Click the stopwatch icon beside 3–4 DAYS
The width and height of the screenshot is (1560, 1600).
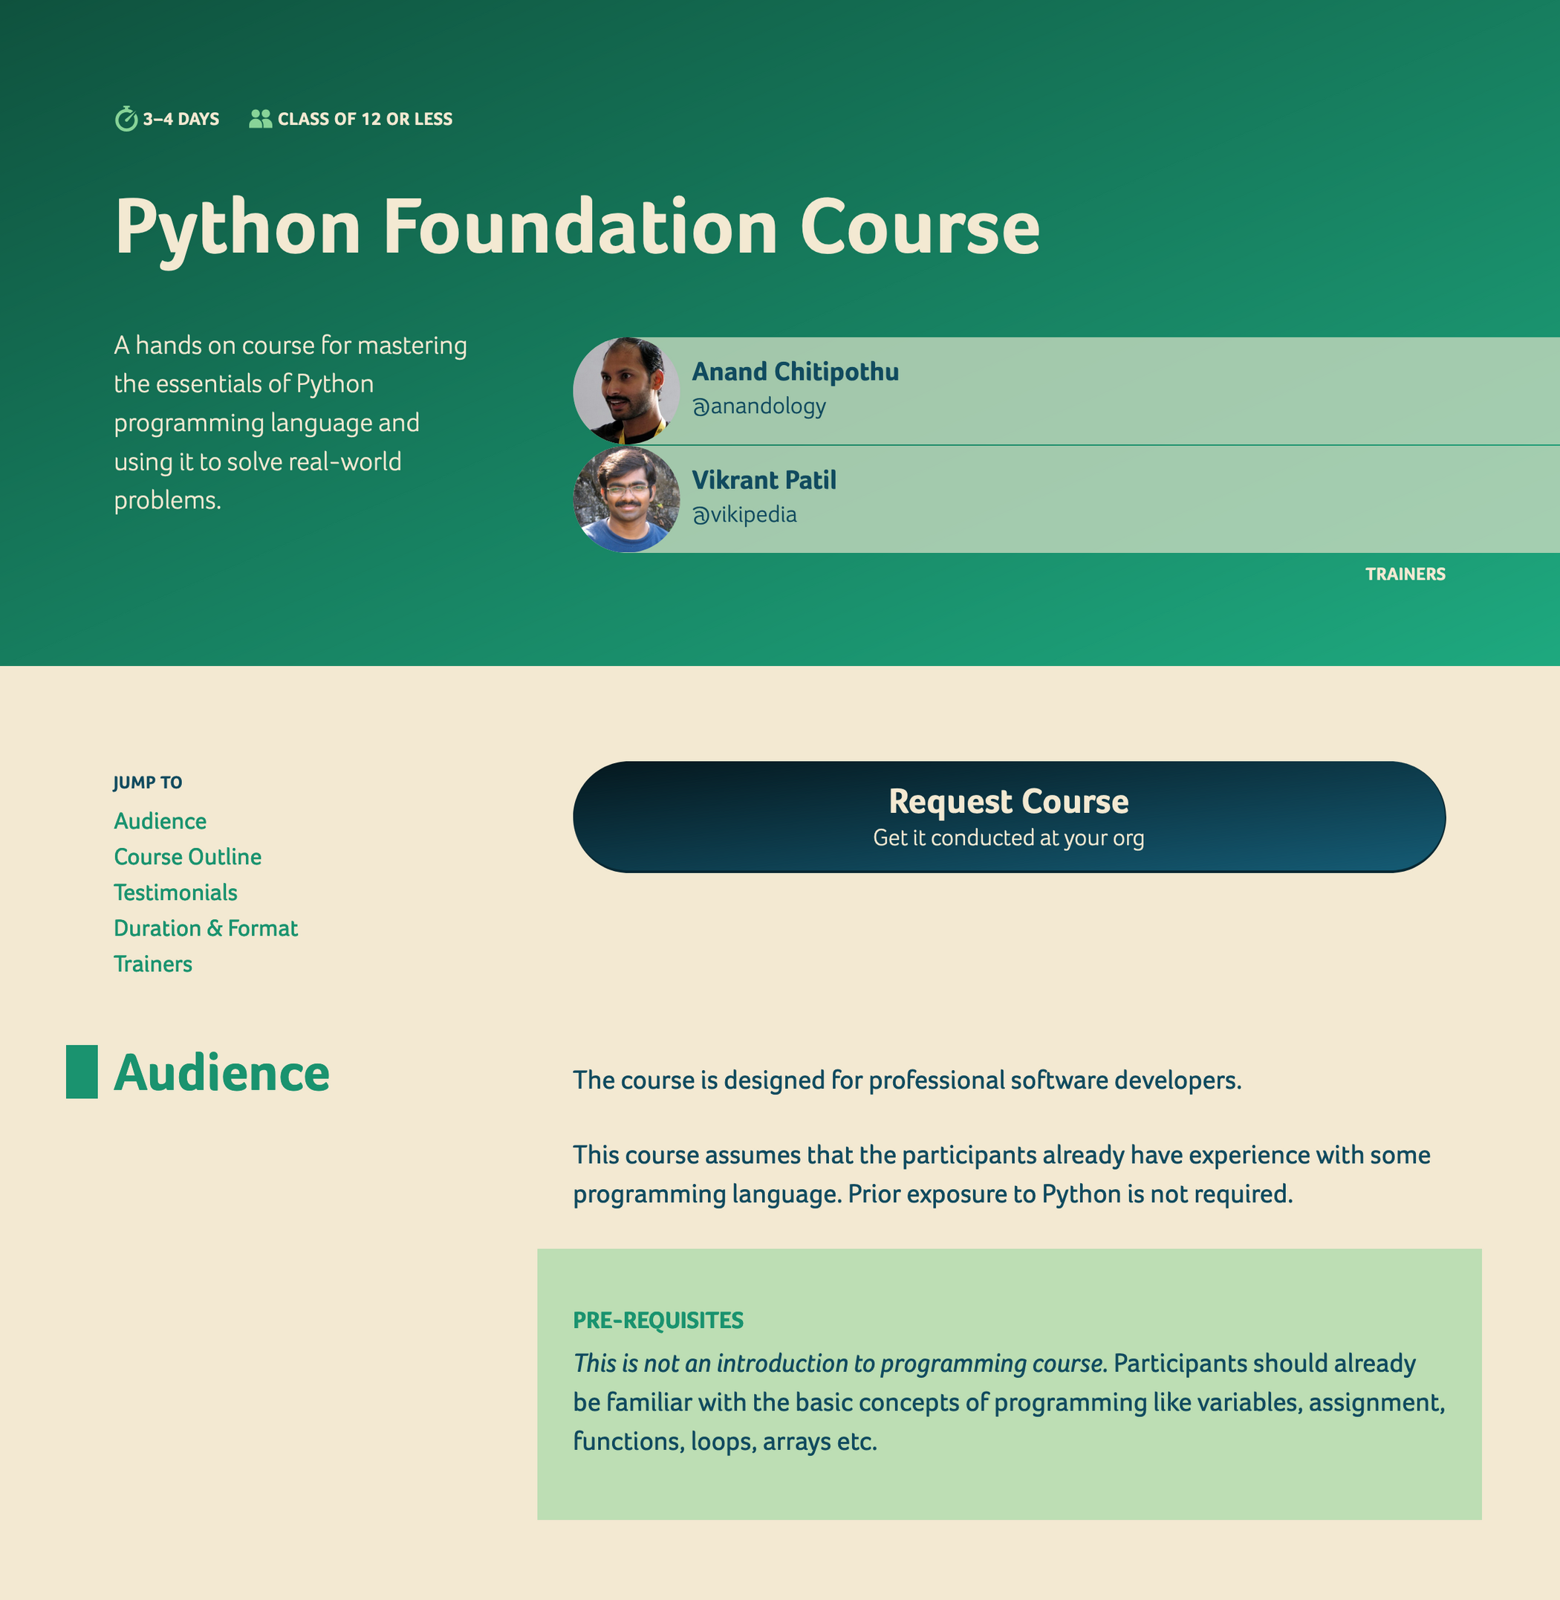pos(126,119)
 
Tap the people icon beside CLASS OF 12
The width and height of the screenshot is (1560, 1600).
pos(261,119)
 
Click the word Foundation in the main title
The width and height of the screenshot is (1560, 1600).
pos(580,227)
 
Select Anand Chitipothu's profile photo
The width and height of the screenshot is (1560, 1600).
pos(626,391)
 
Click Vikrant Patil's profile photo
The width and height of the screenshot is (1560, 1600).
pos(626,499)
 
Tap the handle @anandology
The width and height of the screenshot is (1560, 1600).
pos(758,407)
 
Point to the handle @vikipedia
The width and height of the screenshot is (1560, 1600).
pos(744,515)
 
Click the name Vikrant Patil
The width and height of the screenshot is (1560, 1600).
pos(764,480)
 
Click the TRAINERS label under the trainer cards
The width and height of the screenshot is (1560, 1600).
pos(1405,574)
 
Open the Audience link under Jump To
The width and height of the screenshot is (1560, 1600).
pos(160,821)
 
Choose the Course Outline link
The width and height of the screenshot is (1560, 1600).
pos(188,858)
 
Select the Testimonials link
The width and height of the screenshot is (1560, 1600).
pos(175,893)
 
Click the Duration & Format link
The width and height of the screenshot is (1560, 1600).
pos(206,929)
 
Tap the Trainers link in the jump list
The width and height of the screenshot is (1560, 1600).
pos(153,964)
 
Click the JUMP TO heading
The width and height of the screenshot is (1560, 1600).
pos(148,783)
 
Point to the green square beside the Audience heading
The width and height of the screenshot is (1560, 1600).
pos(82,1072)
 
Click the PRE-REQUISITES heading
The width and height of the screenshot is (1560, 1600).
pos(658,1321)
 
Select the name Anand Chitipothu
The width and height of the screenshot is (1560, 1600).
pos(795,372)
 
